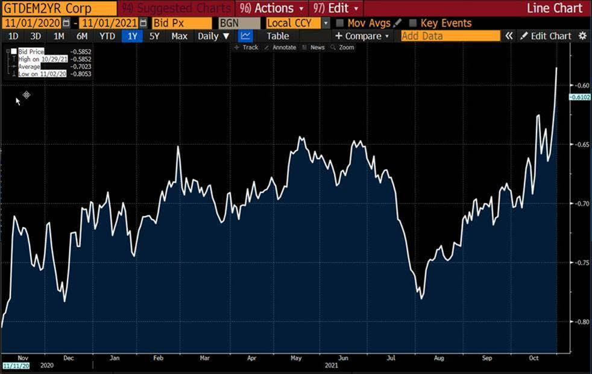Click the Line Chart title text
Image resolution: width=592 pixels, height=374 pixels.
(x=555, y=8)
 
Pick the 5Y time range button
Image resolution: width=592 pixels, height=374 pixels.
(x=154, y=36)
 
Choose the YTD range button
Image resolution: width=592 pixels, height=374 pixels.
(x=107, y=36)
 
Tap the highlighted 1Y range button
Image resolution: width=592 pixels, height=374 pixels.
(x=132, y=36)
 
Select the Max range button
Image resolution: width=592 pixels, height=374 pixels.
(x=179, y=36)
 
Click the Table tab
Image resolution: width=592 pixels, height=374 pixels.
(x=278, y=36)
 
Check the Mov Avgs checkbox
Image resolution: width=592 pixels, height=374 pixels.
(x=340, y=23)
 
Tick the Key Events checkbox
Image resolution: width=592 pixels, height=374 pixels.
(x=413, y=23)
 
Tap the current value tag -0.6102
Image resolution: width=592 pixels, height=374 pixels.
(x=579, y=97)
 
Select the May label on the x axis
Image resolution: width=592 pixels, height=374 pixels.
(x=296, y=358)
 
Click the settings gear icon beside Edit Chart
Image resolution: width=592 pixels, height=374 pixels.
(x=582, y=36)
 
